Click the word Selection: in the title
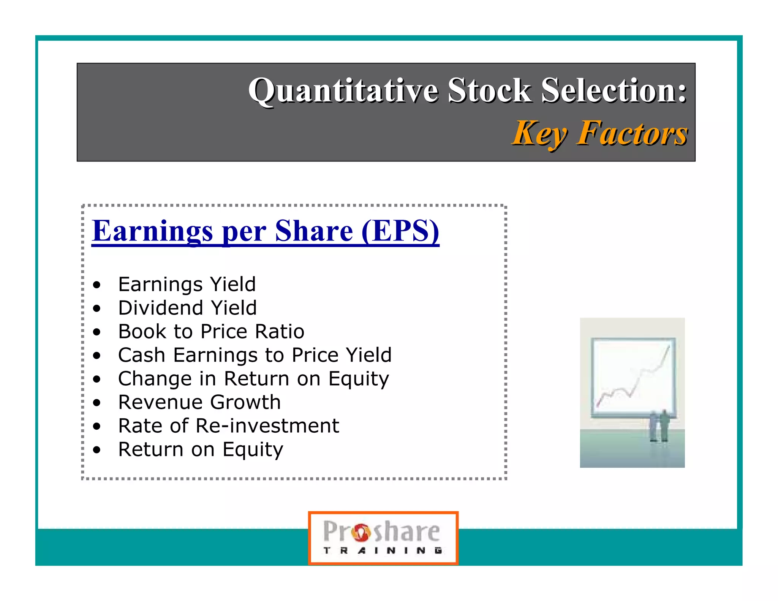[614, 91]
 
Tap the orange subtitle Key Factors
[600, 133]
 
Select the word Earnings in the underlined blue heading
[152, 231]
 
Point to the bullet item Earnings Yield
[187, 285]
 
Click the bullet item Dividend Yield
[187, 308]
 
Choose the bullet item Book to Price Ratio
[211, 332]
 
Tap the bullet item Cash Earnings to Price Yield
[255, 355]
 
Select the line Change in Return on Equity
[253, 379]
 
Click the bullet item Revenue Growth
[199, 402]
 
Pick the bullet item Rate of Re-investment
[228, 426]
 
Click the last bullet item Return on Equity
[201, 449]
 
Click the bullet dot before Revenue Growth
[97, 403]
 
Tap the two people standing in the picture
[659, 425]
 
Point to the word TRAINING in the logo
[383, 550]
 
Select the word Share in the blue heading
[314, 231]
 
